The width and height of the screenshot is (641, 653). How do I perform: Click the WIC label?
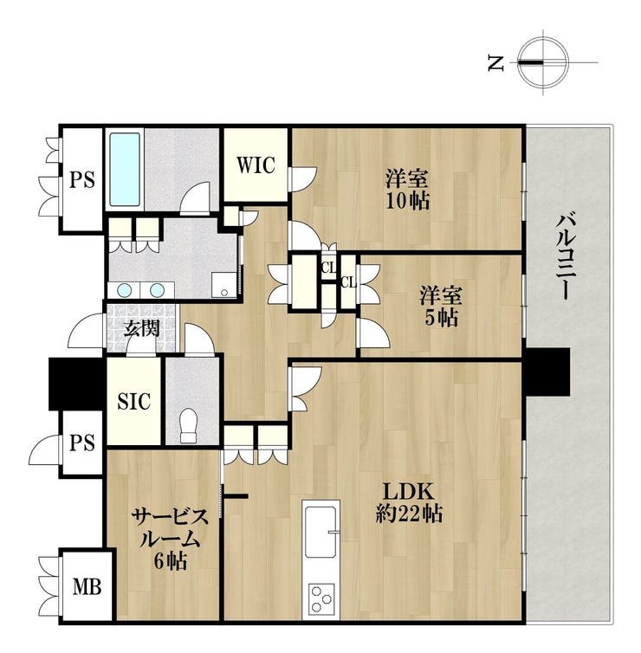click(256, 165)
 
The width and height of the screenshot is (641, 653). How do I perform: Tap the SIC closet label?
click(133, 401)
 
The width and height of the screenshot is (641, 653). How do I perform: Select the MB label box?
click(87, 586)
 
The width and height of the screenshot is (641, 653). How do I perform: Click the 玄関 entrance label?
click(141, 329)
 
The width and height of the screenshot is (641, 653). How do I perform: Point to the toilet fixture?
click(189, 424)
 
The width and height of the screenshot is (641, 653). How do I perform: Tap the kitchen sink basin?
click(320, 532)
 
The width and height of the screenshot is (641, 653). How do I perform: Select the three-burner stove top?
click(321, 598)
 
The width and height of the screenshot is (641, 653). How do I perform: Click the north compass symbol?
click(543, 62)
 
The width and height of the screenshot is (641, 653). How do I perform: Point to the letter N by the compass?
click(496, 63)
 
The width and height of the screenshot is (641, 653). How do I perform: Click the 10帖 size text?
click(407, 201)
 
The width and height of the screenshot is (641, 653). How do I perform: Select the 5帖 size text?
click(441, 318)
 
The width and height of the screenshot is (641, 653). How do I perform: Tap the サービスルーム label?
click(170, 528)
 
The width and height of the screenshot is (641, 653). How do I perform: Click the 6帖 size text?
click(170, 561)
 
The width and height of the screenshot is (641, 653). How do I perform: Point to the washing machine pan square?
click(224, 285)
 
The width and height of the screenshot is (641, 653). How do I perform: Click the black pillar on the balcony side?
click(547, 372)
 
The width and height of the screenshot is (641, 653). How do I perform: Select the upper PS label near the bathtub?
click(81, 180)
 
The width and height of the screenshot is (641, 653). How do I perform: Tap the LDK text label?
click(409, 492)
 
